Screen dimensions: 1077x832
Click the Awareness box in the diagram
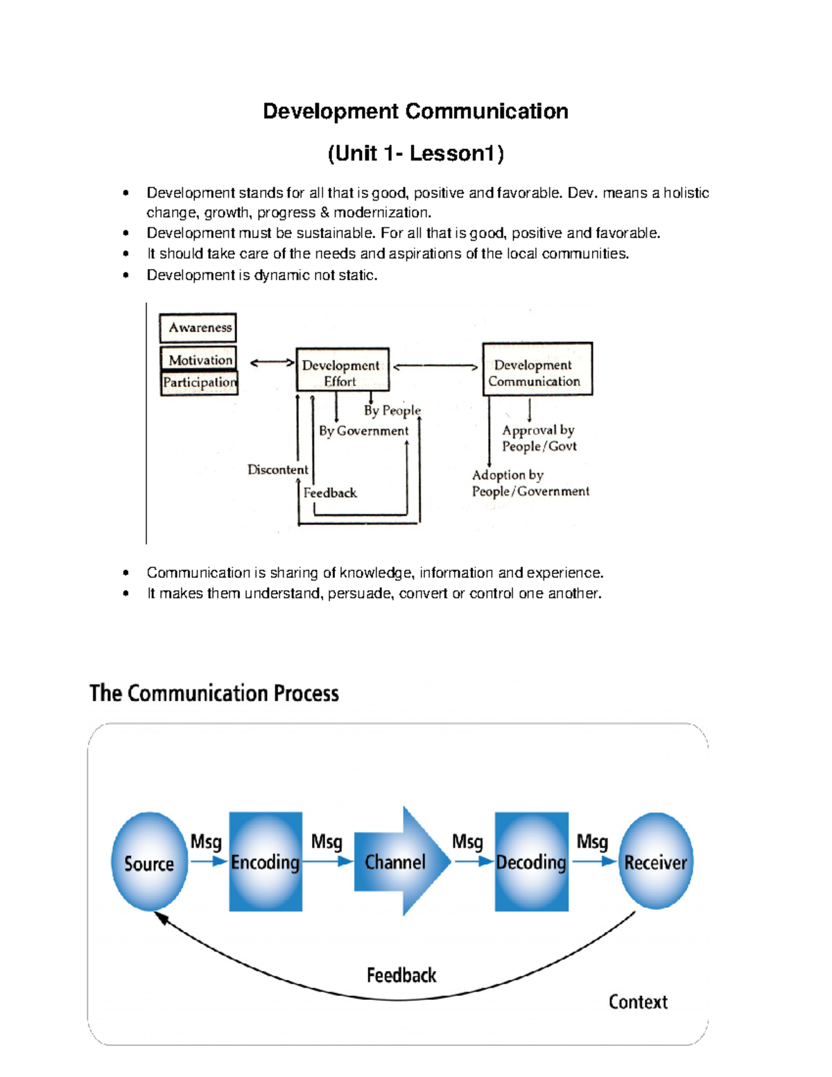point(198,327)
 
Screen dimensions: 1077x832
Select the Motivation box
point(199,359)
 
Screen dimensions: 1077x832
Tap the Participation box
point(200,382)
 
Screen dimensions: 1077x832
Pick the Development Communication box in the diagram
point(537,369)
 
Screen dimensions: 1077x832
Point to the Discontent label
point(277,469)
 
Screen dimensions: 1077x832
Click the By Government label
point(364,431)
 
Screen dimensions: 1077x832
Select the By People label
point(392,410)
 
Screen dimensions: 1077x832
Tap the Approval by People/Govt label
point(539,438)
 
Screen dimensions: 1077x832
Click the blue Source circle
point(149,861)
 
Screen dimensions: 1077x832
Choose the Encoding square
point(266,861)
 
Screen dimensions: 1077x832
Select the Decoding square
point(531,861)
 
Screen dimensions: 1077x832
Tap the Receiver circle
point(655,861)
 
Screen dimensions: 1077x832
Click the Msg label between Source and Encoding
point(206,841)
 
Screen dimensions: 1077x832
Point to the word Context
point(638,1001)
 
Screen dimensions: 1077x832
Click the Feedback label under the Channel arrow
point(401,975)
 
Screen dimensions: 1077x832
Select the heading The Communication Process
point(214,693)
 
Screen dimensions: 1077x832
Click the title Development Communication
point(415,111)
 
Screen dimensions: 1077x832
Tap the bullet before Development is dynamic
point(125,275)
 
